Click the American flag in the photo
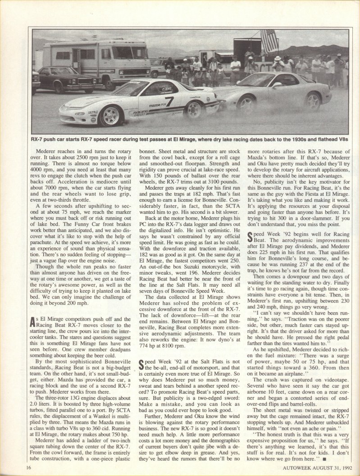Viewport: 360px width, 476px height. (x=269, y=41)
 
